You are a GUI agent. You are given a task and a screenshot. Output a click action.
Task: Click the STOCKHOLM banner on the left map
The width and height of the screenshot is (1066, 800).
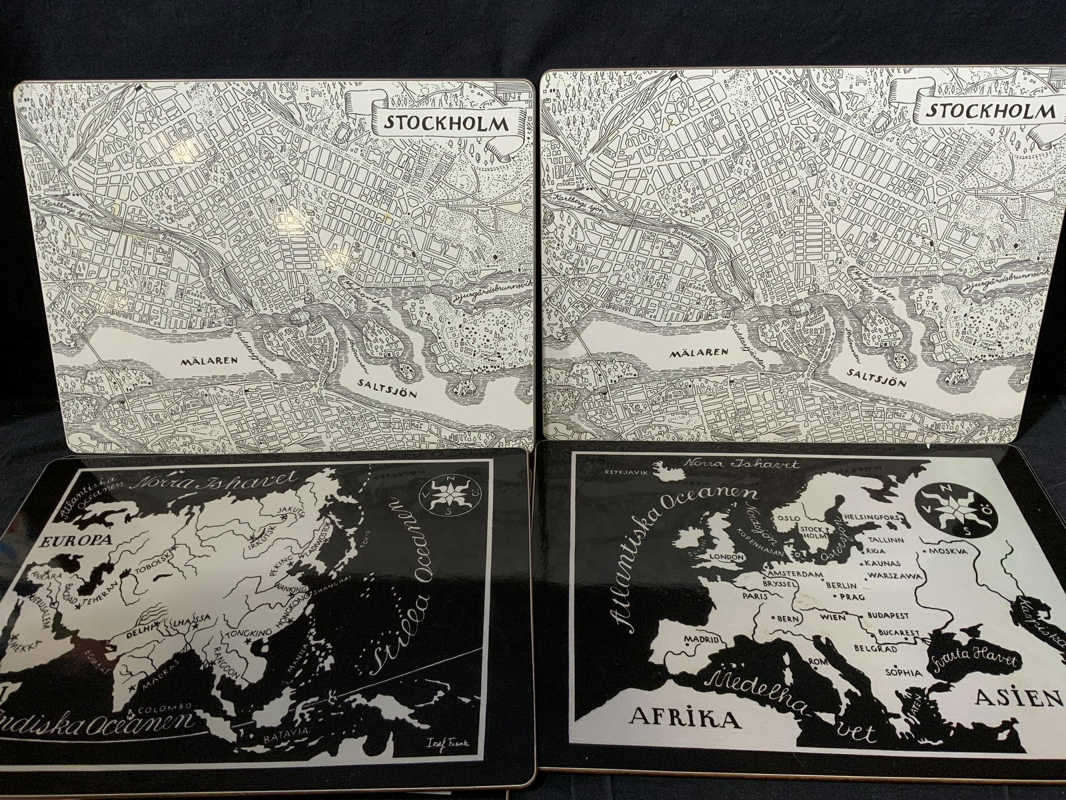point(448,123)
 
